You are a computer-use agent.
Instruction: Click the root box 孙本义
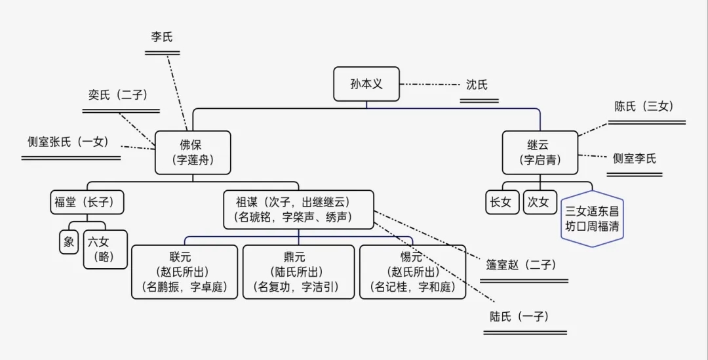[366, 84]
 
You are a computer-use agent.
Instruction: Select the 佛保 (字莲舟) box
[193, 152]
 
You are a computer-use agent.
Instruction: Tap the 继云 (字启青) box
[540, 152]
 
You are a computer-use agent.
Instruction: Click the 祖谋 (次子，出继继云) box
[298, 210]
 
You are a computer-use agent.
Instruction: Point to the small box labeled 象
[69, 242]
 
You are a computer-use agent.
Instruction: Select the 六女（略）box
[104, 249]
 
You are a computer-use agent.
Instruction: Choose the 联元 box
[184, 271]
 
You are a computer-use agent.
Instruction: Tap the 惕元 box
[412, 271]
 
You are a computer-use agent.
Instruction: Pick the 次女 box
[538, 202]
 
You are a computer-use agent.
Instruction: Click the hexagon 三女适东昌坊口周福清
[593, 219]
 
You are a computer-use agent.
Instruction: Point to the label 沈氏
[477, 85]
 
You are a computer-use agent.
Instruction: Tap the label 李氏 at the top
[162, 37]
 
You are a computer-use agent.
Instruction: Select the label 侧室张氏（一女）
[68, 142]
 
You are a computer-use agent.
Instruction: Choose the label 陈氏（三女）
[644, 106]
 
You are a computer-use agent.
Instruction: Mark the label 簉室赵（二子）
[521, 265]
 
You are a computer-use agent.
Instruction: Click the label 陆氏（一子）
[519, 317]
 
